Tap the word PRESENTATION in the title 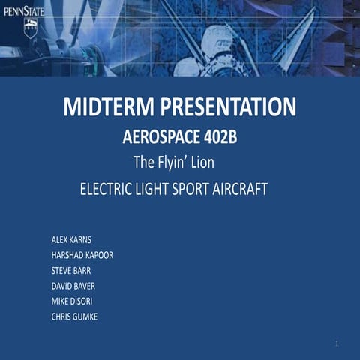225,107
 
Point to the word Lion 202,162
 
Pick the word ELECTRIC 109,189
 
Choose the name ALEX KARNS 71,240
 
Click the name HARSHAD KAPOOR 82,255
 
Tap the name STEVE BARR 71,270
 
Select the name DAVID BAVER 73,286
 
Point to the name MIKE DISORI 72,301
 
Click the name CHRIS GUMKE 74,316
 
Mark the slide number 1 337,343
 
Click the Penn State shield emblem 30,29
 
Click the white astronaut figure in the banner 217,45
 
